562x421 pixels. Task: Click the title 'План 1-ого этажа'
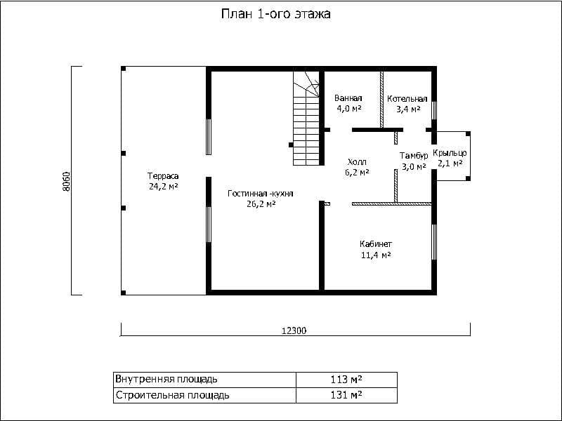[x=275, y=14]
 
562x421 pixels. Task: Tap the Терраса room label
[x=163, y=176]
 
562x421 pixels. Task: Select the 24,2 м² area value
[x=164, y=187]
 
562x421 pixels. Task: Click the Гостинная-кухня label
[x=261, y=194]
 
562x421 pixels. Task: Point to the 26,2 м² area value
[x=261, y=204]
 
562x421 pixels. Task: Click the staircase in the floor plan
[x=306, y=118]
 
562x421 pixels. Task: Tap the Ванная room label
[x=348, y=98]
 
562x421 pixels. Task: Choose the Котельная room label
[x=407, y=99]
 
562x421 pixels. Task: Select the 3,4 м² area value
[x=408, y=109]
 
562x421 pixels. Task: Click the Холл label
[x=357, y=162]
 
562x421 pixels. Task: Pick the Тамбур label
[x=414, y=156]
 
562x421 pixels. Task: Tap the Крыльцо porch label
[x=450, y=153]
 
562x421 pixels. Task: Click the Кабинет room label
[x=376, y=244]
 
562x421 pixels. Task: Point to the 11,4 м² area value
[x=376, y=255]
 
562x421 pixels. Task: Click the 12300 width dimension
[x=294, y=330]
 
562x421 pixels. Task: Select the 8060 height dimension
[x=67, y=182]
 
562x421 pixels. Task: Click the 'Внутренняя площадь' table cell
[x=204, y=379]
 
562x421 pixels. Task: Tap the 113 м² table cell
[x=346, y=379]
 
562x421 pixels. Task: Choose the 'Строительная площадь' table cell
[x=204, y=395]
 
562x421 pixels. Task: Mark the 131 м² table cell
[x=346, y=395]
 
